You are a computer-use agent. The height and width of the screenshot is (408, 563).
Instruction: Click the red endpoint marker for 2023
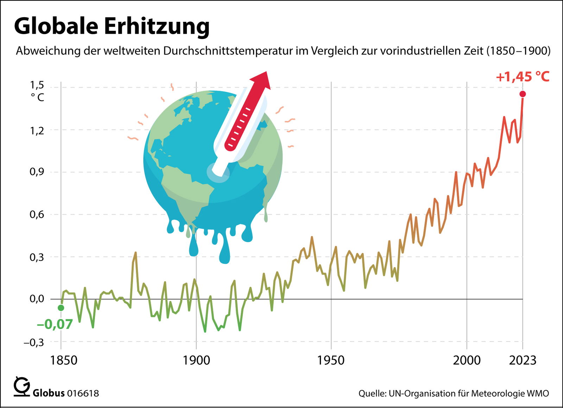(x=523, y=94)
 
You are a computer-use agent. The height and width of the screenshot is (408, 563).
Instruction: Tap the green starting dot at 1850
(x=61, y=308)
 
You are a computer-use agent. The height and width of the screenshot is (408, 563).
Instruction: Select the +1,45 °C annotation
(x=523, y=77)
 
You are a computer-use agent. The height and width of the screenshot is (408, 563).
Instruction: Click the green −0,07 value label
(x=55, y=324)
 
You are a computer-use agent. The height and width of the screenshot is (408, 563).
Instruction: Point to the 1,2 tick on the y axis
(x=37, y=131)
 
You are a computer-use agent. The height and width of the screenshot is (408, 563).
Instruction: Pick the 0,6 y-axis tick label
(x=37, y=215)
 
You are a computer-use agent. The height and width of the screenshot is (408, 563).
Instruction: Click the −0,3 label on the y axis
(x=34, y=342)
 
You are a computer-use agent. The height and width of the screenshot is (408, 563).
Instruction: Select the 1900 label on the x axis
(x=196, y=360)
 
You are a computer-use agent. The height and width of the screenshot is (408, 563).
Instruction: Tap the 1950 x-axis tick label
(x=331, y=360)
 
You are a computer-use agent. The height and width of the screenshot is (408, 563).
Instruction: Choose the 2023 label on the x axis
(x=523, y=360)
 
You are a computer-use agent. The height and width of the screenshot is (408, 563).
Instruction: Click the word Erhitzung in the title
(x=157, y=26)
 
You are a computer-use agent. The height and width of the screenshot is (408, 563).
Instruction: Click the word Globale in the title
(x=56, y=26)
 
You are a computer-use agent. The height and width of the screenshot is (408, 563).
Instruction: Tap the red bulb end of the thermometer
(x=230, y=144)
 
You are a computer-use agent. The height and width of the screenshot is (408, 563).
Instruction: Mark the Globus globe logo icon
(x=22, y=387)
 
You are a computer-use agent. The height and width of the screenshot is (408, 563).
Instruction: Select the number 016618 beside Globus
(x=83, y=393)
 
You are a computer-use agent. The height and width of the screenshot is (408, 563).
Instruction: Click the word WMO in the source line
(x=538, y=393)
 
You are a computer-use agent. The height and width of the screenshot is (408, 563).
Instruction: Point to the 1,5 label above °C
(x=37, y=85)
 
